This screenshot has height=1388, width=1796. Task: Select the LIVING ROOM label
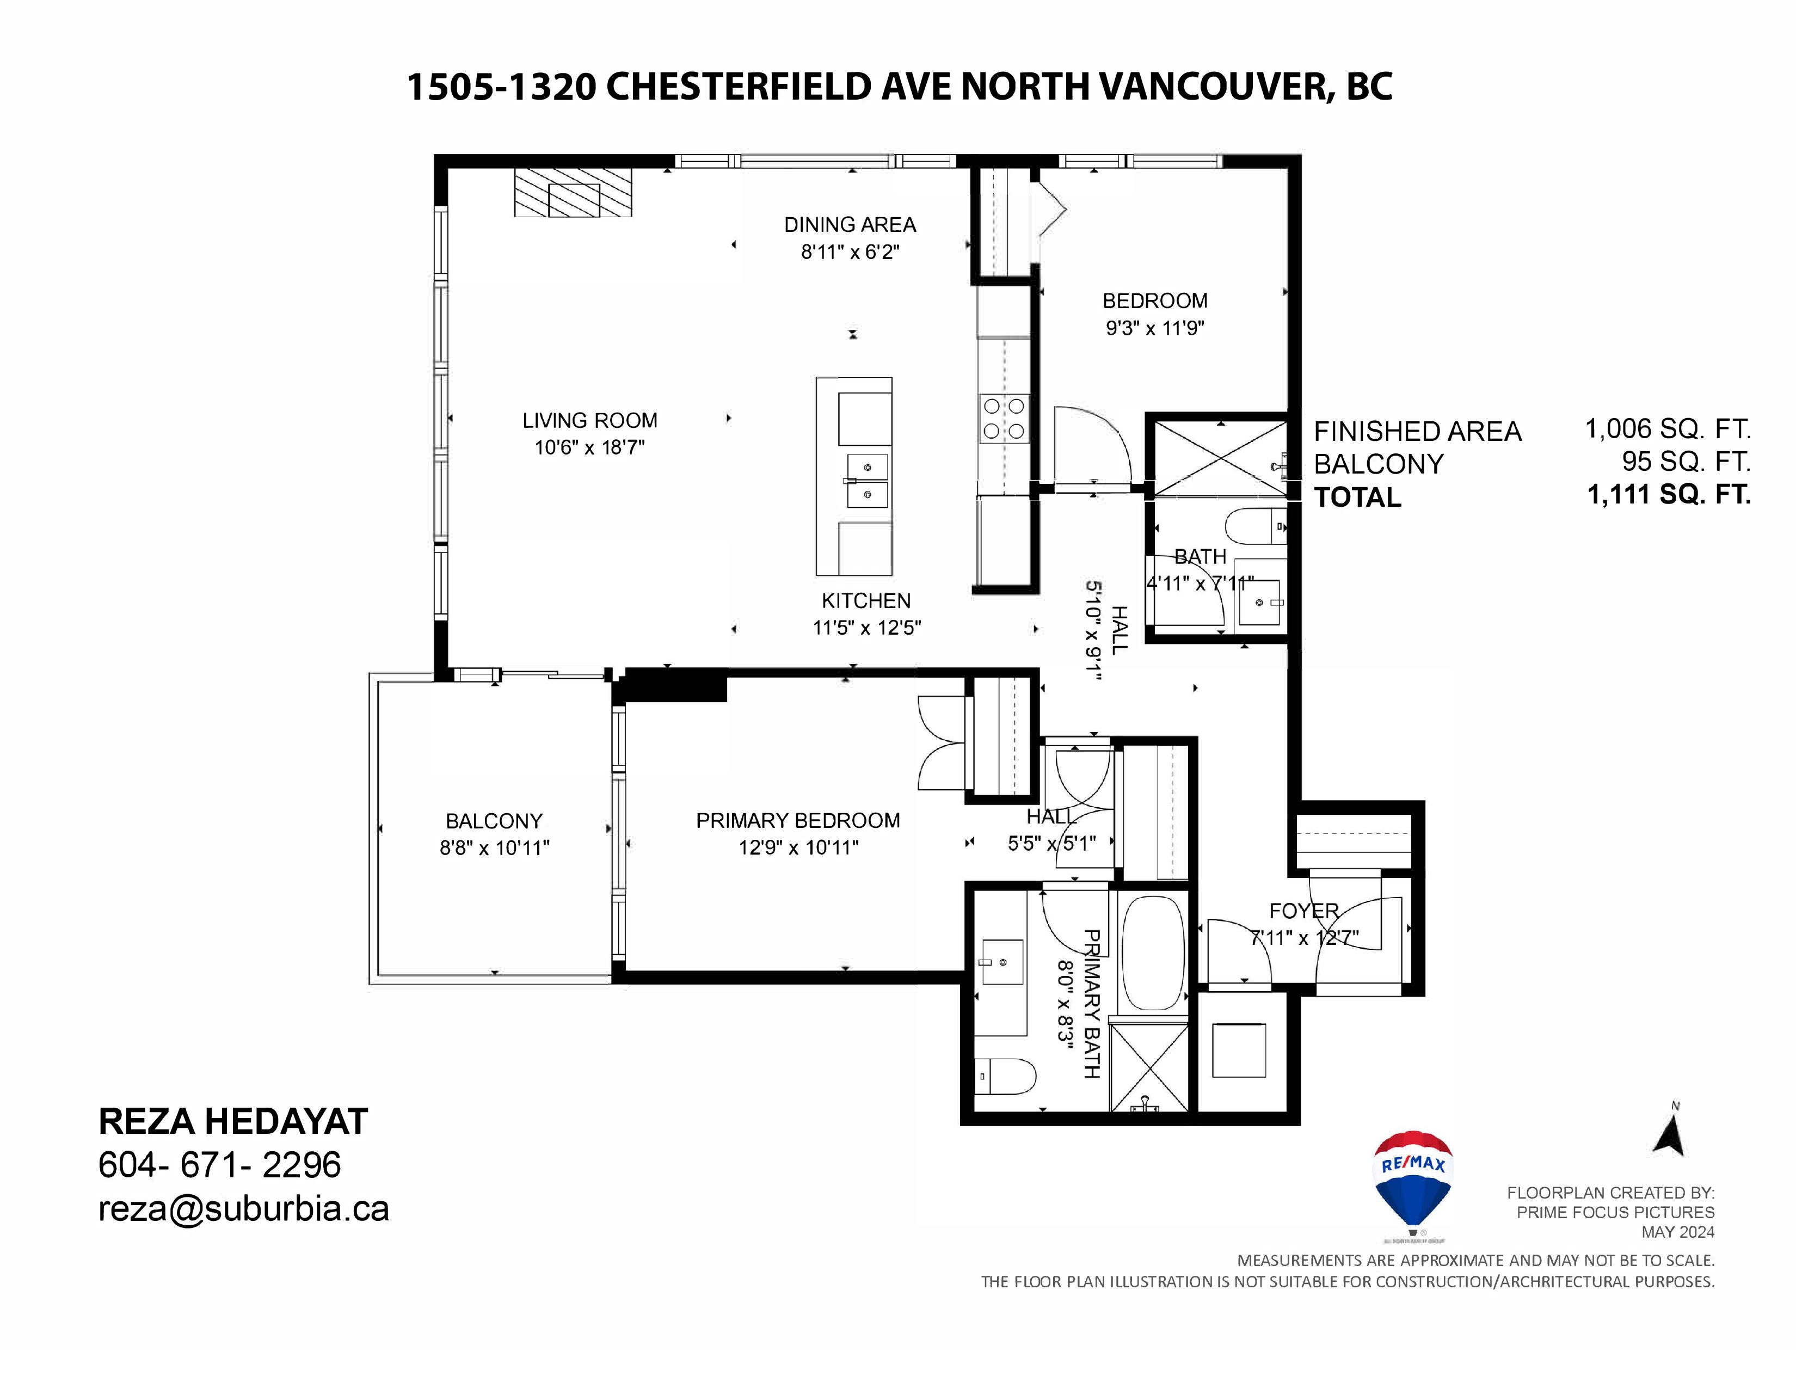click(589, 420)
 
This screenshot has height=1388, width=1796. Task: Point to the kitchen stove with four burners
click(1004, 419)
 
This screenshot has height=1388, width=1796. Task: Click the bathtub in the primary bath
click(1153, 952)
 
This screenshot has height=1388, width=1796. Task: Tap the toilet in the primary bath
click(1004, 1076)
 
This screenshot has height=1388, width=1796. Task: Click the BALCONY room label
click(494, 821)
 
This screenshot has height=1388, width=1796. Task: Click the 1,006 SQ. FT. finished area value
click(1668, 428)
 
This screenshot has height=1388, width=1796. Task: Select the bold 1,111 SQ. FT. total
click(1669, 494)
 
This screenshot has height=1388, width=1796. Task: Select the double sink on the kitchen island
click(867, 481)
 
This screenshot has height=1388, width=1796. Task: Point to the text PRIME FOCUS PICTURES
click(1615, 1212)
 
